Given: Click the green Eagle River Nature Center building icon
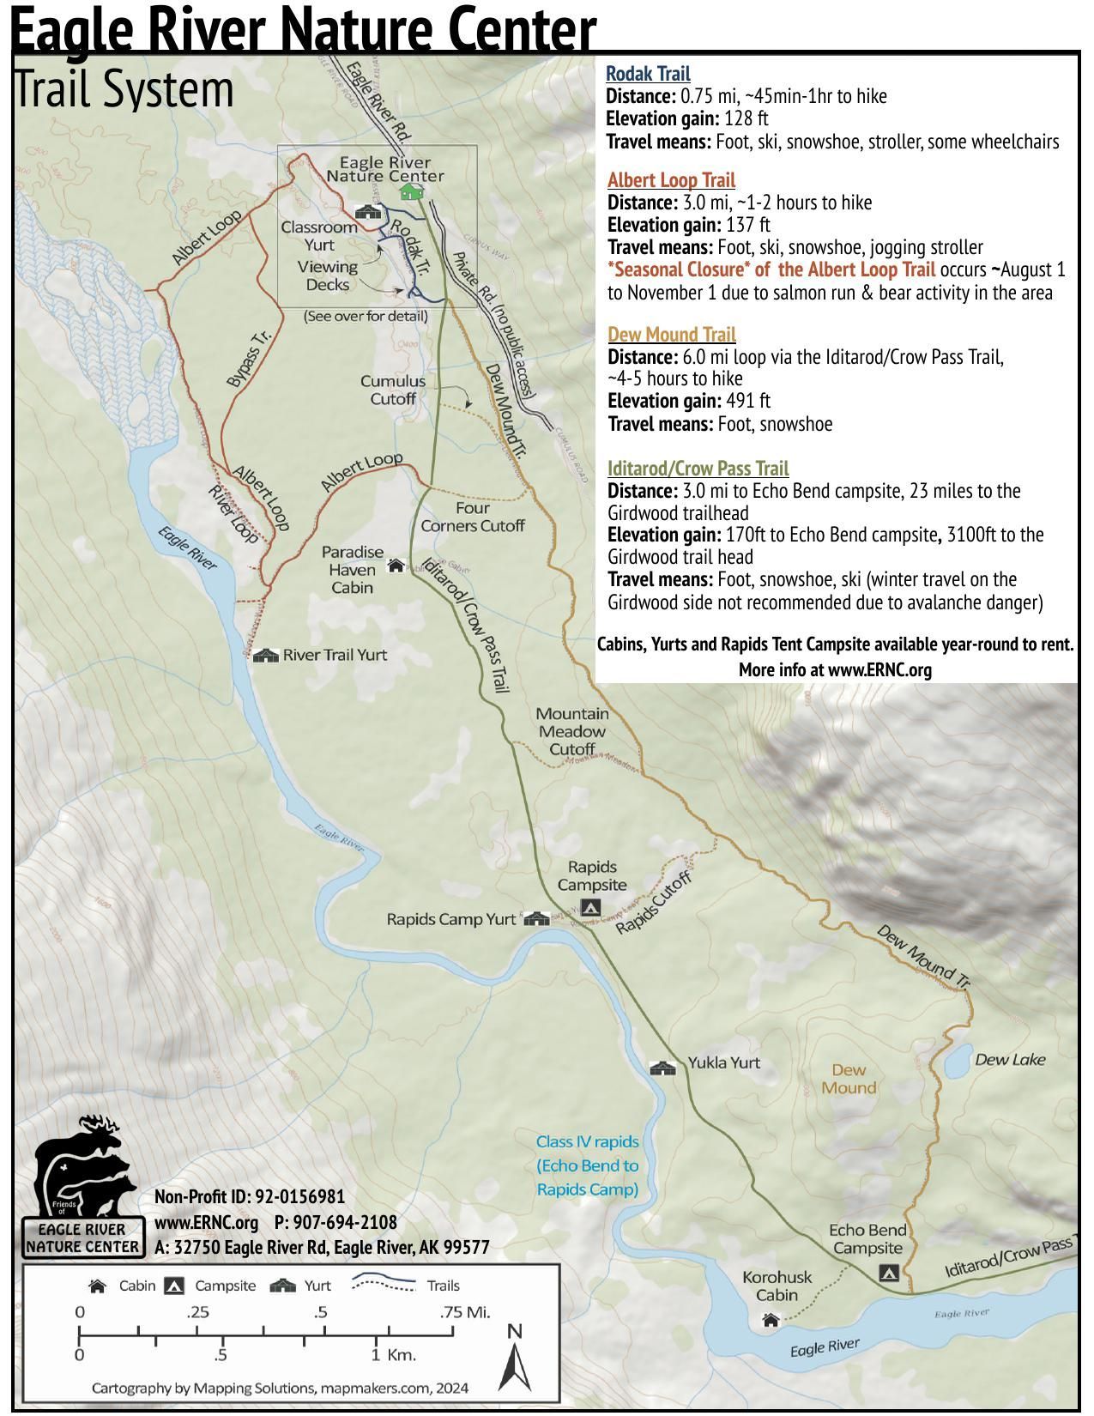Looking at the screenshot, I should (412, 191).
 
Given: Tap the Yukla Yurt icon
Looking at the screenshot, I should (662, 1068).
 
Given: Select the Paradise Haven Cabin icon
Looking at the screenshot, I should (396, 565).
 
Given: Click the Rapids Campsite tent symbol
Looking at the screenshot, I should (590, 907).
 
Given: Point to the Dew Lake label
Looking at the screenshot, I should (1010, 1060).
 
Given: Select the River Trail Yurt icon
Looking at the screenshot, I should (266, 656).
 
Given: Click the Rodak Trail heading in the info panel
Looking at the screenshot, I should (648, 74).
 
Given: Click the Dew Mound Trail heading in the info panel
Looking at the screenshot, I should (671, 334).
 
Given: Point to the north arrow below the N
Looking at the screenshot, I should (515, 1370).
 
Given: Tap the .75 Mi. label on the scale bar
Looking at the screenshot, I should (464, 1312).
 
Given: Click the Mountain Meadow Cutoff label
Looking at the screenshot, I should (572, 731).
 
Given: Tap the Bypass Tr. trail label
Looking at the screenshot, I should (249, 358).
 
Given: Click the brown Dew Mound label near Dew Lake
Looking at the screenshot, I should (849, 1079).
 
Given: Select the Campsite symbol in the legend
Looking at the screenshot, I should (175, 1286).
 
